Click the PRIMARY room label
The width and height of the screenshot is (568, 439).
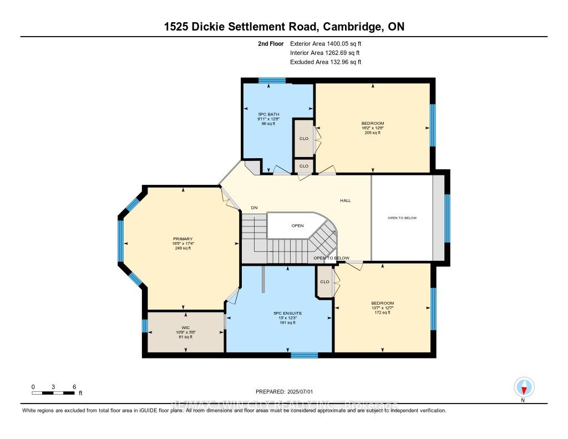coord(182,239)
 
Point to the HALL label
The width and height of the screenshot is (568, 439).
coord(346,200)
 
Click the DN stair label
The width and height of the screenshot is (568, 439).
coord(254,208)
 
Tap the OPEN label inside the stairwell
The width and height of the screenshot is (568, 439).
coord(298,226)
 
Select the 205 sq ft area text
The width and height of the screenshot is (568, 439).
coord(372,133)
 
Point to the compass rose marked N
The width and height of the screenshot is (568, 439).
coord(523,387)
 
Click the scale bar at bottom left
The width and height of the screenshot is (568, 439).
coord(53,393)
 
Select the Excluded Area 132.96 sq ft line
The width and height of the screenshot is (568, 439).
coord(326,62)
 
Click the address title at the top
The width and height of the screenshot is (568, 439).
coord(283,27)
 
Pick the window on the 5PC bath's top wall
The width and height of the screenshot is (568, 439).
coord(272,81)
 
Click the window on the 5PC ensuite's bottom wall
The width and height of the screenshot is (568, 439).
coord(304,355)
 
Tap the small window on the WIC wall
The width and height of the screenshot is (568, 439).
coord(145,325)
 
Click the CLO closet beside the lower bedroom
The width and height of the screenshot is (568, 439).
coord(324,282)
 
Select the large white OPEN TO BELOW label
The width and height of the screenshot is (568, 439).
coord(402,218)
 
